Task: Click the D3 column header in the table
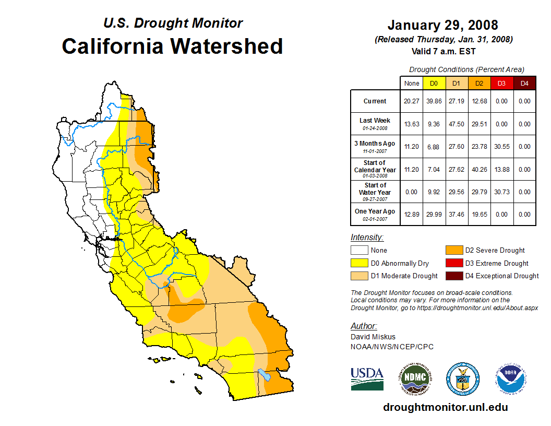tap(501, 83)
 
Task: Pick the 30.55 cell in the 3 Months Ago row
tap(501, 147)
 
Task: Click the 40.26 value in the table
tap(479, 170)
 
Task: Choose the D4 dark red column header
tap(524, 83)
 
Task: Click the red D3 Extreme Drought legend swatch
tap(453, 263)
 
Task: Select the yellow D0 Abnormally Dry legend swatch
tap(358, 263)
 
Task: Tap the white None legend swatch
tap(358, 251)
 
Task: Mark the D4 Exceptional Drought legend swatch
tap(453, 276)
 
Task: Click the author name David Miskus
tap(373, 337)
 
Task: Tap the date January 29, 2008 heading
tap(442, 25)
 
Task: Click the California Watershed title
tap(172, 46)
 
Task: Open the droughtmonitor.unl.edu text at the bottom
tap(445, 407)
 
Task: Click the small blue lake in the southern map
tap(265, 375)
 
